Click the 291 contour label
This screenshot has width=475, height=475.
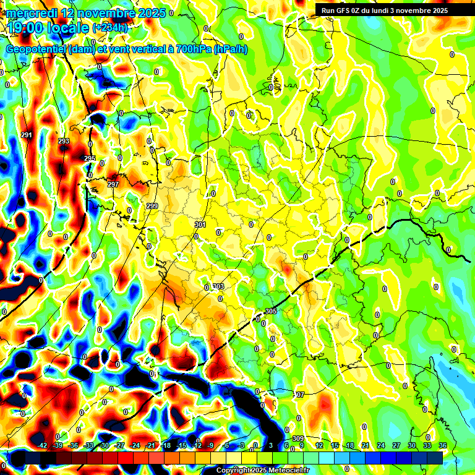click(x=26, y=135)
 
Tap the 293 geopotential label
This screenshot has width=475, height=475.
click(x=64, y=141)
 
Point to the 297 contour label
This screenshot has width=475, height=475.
click(x=113, y=184)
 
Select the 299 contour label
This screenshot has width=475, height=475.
click(x=153, y=205)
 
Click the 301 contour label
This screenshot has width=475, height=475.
click(x=200, y=225)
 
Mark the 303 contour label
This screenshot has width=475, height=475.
click(x=218, y=286)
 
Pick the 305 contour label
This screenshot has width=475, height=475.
click(x=270, y=311)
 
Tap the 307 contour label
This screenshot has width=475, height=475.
click(x=299, y=395)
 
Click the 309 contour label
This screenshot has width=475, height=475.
click(x=297, y=439)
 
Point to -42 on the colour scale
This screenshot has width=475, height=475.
click(x=42, y=445)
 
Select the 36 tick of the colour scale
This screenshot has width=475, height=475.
click(x=442, y=445)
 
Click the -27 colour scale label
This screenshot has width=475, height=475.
click(x=119, y=445)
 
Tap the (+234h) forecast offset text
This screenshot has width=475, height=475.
click(x=110, y=28)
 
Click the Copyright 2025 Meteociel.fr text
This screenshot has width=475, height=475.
click(x=263, y=470)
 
